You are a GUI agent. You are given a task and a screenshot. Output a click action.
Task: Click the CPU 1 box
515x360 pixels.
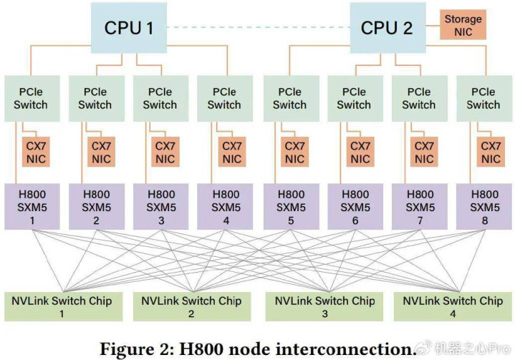(x=129, y=28)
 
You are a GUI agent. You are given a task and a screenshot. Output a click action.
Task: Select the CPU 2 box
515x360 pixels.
(x=388, y=28)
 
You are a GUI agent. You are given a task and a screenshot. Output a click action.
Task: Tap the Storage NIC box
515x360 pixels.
(x=463, y=25)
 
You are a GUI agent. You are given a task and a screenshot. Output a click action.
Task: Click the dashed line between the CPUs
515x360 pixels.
(x=258, y=27)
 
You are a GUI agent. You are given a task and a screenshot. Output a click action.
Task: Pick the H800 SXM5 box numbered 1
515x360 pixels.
(x=32, y=206)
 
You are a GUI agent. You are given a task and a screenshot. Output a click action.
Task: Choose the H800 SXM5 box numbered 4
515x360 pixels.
(x=225, y=206)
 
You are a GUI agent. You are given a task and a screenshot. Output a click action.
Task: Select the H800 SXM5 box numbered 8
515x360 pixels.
(x=484, y=206)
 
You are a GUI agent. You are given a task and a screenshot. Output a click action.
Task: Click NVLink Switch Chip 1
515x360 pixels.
(x=63, y=306)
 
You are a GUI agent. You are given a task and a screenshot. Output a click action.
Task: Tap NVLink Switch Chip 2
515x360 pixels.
(x=192, y=306)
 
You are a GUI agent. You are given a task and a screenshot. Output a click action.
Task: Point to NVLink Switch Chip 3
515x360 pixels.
(x=324, y=306)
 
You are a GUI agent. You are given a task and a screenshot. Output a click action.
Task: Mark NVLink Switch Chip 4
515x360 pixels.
(x=453, y=306)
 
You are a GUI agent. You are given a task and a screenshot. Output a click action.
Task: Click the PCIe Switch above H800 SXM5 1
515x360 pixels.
(x=32, y=99)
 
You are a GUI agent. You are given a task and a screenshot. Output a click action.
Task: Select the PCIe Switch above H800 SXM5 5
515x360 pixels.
(x=292, y=99)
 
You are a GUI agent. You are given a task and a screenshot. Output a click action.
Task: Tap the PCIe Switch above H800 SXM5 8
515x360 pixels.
(x=484, y=99)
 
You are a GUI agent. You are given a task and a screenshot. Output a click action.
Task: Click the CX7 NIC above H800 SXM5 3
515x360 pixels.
(x=165, y=152)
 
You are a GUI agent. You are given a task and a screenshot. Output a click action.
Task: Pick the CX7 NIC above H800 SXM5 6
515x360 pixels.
(x=360, y=152)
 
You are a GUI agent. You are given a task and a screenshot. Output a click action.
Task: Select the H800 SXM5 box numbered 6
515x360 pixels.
(x=355, y=206)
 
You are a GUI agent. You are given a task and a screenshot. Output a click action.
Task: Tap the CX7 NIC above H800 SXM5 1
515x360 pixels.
(x=36, y=152)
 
